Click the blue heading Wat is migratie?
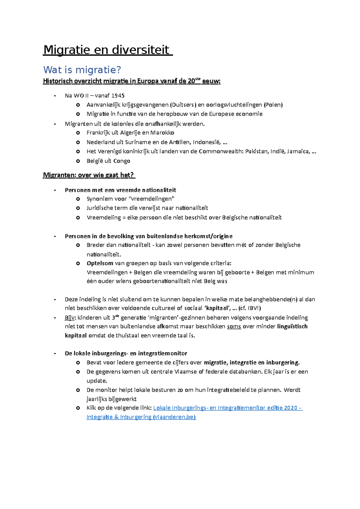tap(82, 70)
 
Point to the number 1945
tap(118, 96)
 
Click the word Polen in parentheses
tap(273, 105)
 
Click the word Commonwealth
tap(220, 151)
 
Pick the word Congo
tap(121, 161)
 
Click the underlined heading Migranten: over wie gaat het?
tap(89, 175)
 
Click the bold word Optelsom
tap(100, 263)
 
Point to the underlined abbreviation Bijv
tap(70, 318)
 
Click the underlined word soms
tap(234, 326)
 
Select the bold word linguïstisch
tap(292, 326)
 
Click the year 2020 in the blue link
tap(290, 408)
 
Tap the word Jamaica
tap(298, 151)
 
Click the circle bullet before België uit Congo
tap(78, 161)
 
